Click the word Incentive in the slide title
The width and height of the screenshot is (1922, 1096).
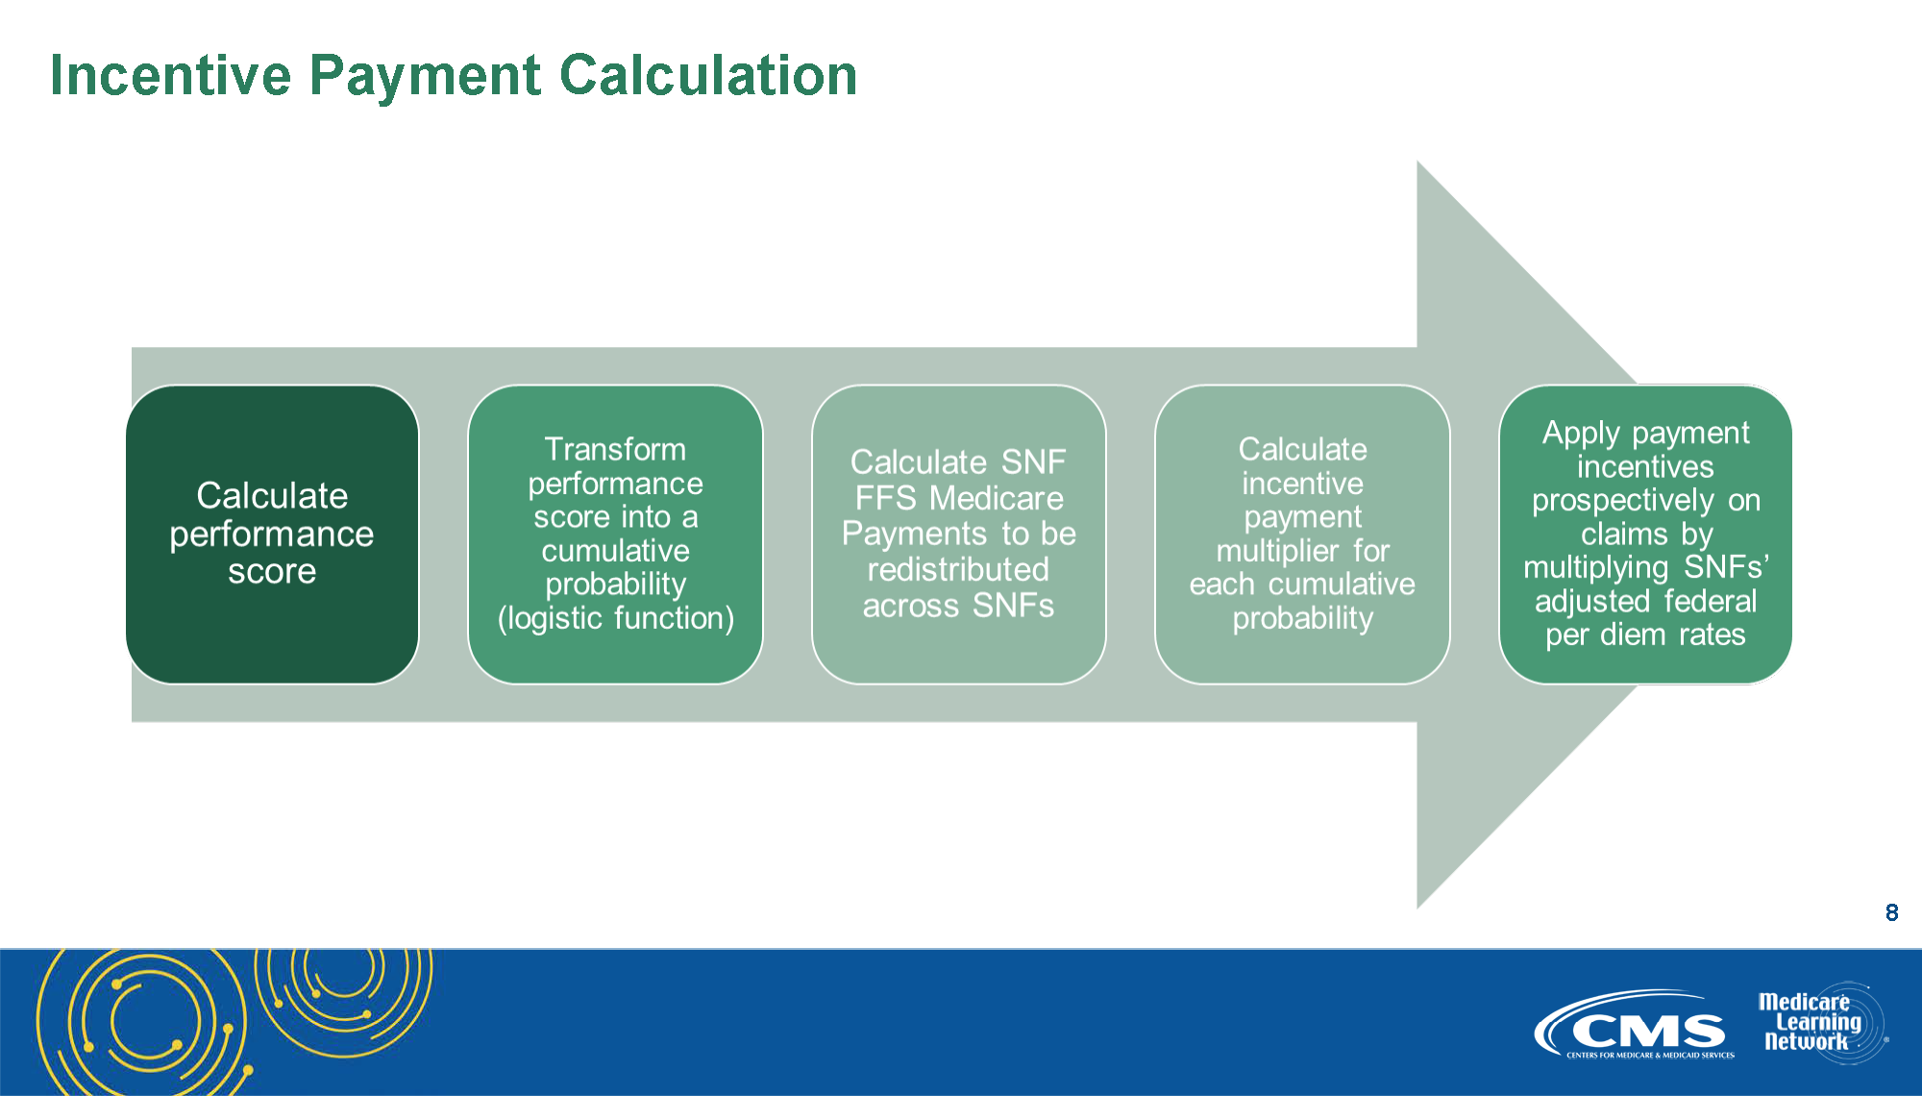coord(170,75)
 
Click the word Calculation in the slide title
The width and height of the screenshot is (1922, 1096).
coord(708,75)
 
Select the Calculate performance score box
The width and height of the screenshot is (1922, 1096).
coord(272,535)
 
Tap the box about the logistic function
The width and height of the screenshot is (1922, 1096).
coord(616,535)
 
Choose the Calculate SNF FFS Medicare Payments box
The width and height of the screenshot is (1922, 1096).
coord(959,535)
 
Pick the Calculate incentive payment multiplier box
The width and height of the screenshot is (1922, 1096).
coord(1302,535)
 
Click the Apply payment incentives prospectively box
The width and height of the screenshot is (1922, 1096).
coord(1645,535)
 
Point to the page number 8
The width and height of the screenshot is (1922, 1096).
coord(1891,912)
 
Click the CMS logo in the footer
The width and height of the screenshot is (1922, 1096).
coord(1634,1025)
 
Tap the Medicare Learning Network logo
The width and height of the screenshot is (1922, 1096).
coord(1822,1022)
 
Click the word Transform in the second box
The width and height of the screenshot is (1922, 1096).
coord(615,449)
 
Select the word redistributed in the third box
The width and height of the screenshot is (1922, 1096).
coord(958,569)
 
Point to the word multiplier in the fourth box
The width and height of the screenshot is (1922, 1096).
coord(1277,552)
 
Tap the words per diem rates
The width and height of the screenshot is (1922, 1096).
coord(1645,635)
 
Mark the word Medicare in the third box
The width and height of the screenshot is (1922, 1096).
coord(997,498)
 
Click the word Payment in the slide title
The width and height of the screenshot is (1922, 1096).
coord(425,77)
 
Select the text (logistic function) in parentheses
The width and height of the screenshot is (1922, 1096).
coord(616,618)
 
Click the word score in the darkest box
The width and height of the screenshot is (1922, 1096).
coord(272,572)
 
